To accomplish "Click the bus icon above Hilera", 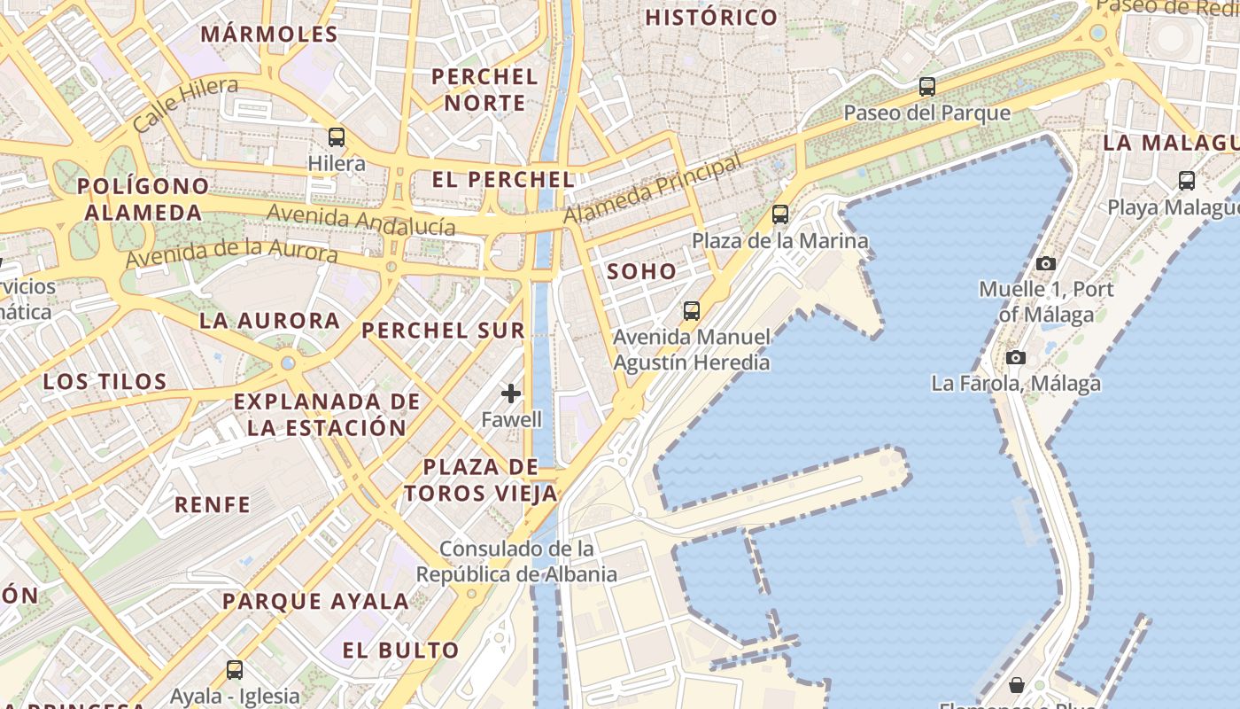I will click(x=337, y=137).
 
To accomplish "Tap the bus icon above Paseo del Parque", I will click(x=926, y=87).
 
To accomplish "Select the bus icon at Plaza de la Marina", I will click(x=779, y=214).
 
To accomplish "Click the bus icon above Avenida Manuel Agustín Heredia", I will click(x=691, y=311).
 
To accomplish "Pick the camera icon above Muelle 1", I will click(x=1046, y=263).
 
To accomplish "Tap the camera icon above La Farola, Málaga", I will click(x=1015, y=358).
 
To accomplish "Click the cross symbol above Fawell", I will click(x=511, y=393).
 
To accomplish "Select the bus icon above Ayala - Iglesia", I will click(x=235, y=670).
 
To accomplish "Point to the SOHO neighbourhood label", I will click(x=642, y=272).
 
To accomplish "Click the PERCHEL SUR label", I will click(x=443, y=331).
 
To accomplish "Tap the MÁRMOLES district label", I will click(x=269, y=35).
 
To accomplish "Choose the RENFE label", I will click(x=213, y=505).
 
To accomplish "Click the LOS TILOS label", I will click(x=105, y=382).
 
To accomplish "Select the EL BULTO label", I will click(x=401, y=651).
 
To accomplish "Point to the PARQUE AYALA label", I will click(x=315, y=602).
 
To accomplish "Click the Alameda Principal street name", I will click(x=653, y=190).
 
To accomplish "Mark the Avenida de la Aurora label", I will click(x=231, y=252).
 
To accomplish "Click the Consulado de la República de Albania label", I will click(x=516, y=561).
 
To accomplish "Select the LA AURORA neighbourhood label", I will click(x=269, y=321).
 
